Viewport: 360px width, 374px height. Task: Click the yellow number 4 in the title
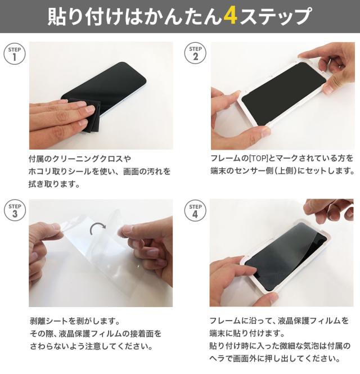point(231,16)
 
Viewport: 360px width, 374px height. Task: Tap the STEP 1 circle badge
point(15,54)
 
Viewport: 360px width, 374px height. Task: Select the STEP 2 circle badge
point(195,53)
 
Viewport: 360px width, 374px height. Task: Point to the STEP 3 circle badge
point(15,210)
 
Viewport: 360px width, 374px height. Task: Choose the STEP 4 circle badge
point(195,210)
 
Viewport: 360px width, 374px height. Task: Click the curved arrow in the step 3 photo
point(97,226)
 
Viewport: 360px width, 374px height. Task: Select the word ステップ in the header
point(276,16)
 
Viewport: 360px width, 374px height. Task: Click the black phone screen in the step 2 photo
point(283,94)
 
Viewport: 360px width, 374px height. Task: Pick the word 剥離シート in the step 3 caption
point(49,321)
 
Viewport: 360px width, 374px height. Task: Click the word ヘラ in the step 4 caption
point(217,358)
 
